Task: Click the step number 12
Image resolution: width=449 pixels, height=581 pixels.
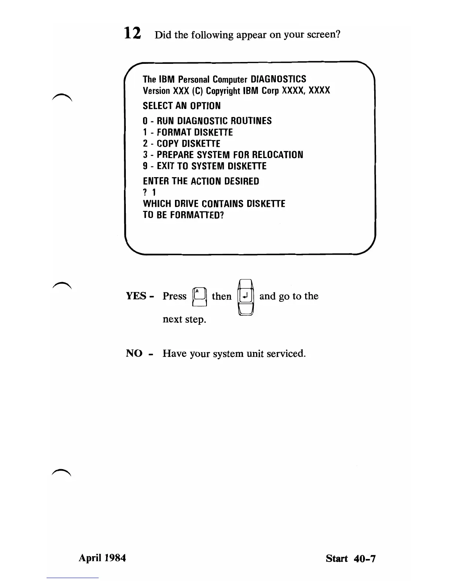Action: pos(132,33)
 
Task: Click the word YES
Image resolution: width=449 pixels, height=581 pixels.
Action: pos(136,296)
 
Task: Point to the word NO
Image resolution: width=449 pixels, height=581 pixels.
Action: pos(134,353)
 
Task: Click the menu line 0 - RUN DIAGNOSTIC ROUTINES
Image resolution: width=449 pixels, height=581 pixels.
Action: pos(207,121)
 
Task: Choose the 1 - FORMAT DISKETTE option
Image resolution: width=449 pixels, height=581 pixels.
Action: pos(187,132)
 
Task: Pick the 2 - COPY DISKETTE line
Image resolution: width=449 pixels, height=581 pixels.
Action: pos(181,144)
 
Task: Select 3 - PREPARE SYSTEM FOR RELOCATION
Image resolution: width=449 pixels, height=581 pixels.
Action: pos(223,155)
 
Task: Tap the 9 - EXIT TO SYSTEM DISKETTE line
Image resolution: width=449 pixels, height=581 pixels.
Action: pos(204,166)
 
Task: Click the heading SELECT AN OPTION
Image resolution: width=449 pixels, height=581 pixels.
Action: pos(182,106)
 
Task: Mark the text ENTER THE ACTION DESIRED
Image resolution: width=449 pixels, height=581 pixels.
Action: pos(201,181)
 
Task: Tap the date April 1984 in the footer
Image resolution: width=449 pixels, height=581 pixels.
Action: pos(102,558)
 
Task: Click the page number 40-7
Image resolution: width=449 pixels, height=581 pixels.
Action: pos(365,559)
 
